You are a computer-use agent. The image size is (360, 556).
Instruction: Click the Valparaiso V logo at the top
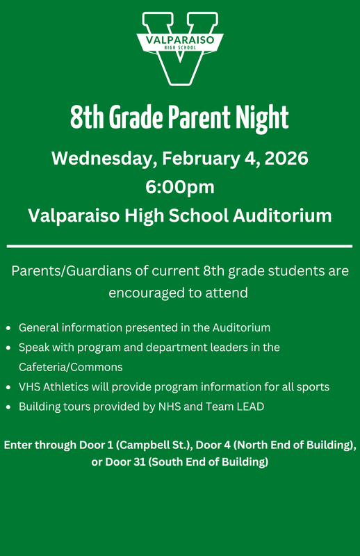coord(180,47)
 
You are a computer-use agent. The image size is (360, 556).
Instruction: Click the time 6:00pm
coord(180,187)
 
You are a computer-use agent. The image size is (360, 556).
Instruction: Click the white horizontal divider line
coord(180,246)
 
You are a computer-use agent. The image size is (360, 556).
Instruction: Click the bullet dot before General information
coord(8,327)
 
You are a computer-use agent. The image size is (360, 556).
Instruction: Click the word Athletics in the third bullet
coord(72,386)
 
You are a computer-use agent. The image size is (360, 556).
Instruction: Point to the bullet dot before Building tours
coord(8,407)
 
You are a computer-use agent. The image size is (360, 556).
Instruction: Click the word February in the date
coord(198,158)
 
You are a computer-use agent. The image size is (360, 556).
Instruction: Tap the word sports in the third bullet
coord(313,386)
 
